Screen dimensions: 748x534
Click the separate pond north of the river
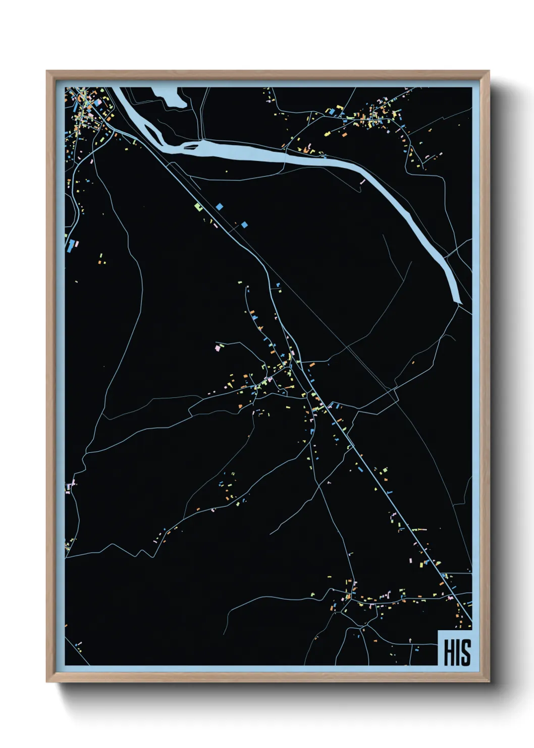(x=172, y=97)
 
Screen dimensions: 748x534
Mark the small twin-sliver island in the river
(x=191, y=147)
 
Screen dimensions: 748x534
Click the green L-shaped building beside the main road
(x=198, y=206)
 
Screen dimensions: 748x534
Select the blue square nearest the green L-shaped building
(x=219, y=206)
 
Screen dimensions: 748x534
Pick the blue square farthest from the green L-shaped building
(x=245, y=224)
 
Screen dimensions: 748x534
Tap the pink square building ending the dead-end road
(x=218, y=348)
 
